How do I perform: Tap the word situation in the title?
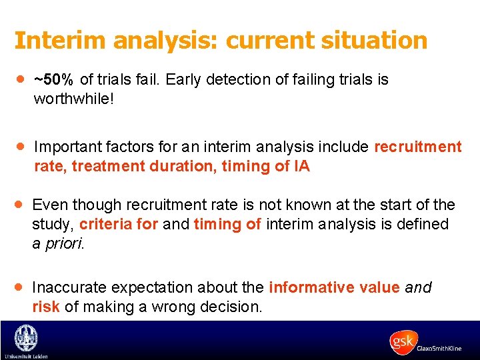(x=373, y=40)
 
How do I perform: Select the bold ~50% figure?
(x=54, y=80)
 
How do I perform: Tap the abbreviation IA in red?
(x=301, y=166)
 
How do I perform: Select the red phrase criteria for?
(x=119, y=225)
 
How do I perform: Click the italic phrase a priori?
(x=59, y=243)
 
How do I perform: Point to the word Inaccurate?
(x=70, y=287)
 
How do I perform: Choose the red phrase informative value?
(x=333, y=287)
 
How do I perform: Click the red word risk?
(x=45, y=307)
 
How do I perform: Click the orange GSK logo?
(x=403, y=341)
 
